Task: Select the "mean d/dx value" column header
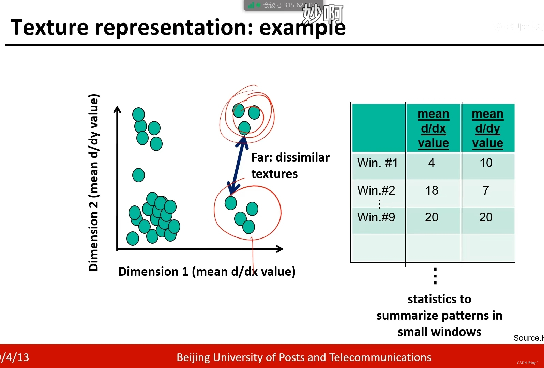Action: (433, 128)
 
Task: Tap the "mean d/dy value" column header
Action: (487, 128)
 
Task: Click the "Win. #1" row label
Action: (378, 163)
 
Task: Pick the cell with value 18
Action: (432, 190)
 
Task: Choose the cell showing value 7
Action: (486, 190)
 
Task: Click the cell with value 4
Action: (432, 163)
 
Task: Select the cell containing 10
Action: (486, 163)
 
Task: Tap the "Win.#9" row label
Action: (376, 217)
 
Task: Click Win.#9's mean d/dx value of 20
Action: (432, 217)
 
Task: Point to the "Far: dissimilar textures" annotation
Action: (290, 166)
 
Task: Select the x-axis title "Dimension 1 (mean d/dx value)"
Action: (207, 272)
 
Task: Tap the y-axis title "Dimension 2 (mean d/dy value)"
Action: (93, 182)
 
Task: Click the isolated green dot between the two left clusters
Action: (138, 175)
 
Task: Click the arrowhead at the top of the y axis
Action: (117, 109)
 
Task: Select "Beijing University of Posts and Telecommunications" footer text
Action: (304, 357)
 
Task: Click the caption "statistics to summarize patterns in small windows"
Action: (439, 316)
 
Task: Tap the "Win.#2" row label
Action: (376, 190)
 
